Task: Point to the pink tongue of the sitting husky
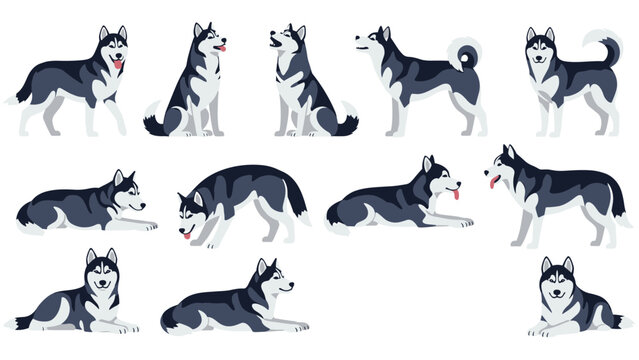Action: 224,47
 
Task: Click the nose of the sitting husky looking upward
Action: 270,37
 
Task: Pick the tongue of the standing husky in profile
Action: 493,181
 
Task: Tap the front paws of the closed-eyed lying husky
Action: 455,221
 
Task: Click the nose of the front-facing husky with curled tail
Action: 540,53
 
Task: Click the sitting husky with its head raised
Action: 305,85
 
